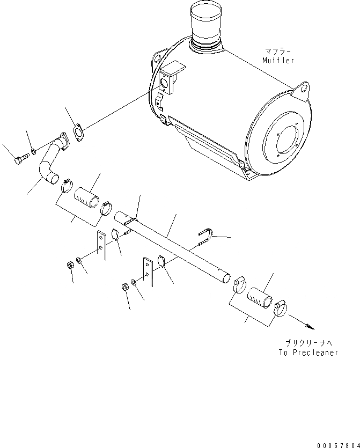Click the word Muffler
point(278,60)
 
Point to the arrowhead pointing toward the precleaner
point(309,327)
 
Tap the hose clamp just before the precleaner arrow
point(281,309)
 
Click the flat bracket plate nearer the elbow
point(101,245)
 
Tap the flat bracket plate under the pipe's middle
point(146,271)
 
